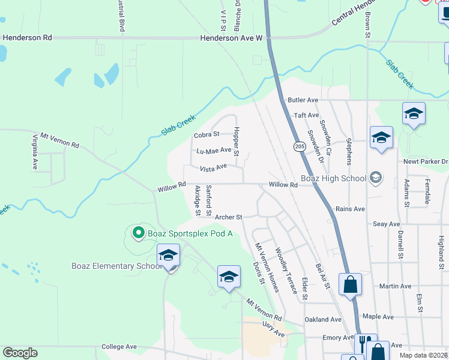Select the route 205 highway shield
(300, 146)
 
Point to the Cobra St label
(206, 135)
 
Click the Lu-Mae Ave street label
(214, 151)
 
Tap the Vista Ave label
(213, 167)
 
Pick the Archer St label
(228, 217)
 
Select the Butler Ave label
(303, 100)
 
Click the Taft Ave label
(306, 115)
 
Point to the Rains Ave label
(351, 209)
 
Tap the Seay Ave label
(386, 224)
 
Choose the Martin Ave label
(395, 286)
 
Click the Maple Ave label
(378, 316)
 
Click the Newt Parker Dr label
(426, 161)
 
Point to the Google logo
(20, 352)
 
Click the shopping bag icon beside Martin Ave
(350, 284)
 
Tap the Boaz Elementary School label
(114, 266)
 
